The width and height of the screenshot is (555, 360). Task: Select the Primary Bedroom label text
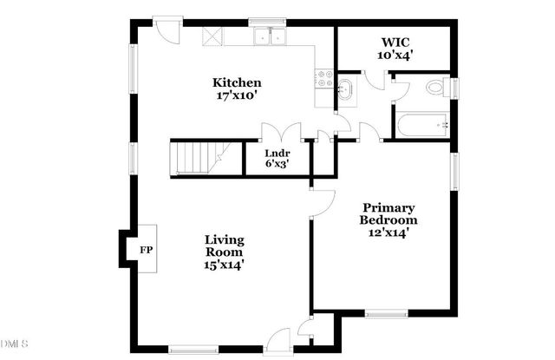(x=388, y=213)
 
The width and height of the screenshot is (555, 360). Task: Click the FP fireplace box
(x=146, y=250)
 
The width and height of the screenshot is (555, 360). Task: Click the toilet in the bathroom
(x=435, y=88)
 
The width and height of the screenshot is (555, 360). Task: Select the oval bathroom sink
(x=345, y=88)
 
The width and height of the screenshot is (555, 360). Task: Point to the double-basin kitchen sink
(x=271, y=36)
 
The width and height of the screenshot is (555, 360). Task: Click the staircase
(x=199, y=160)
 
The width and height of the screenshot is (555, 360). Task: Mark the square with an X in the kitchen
(x=212, y=36)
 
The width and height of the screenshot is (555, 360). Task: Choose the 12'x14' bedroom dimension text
(x=388, y=232)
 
